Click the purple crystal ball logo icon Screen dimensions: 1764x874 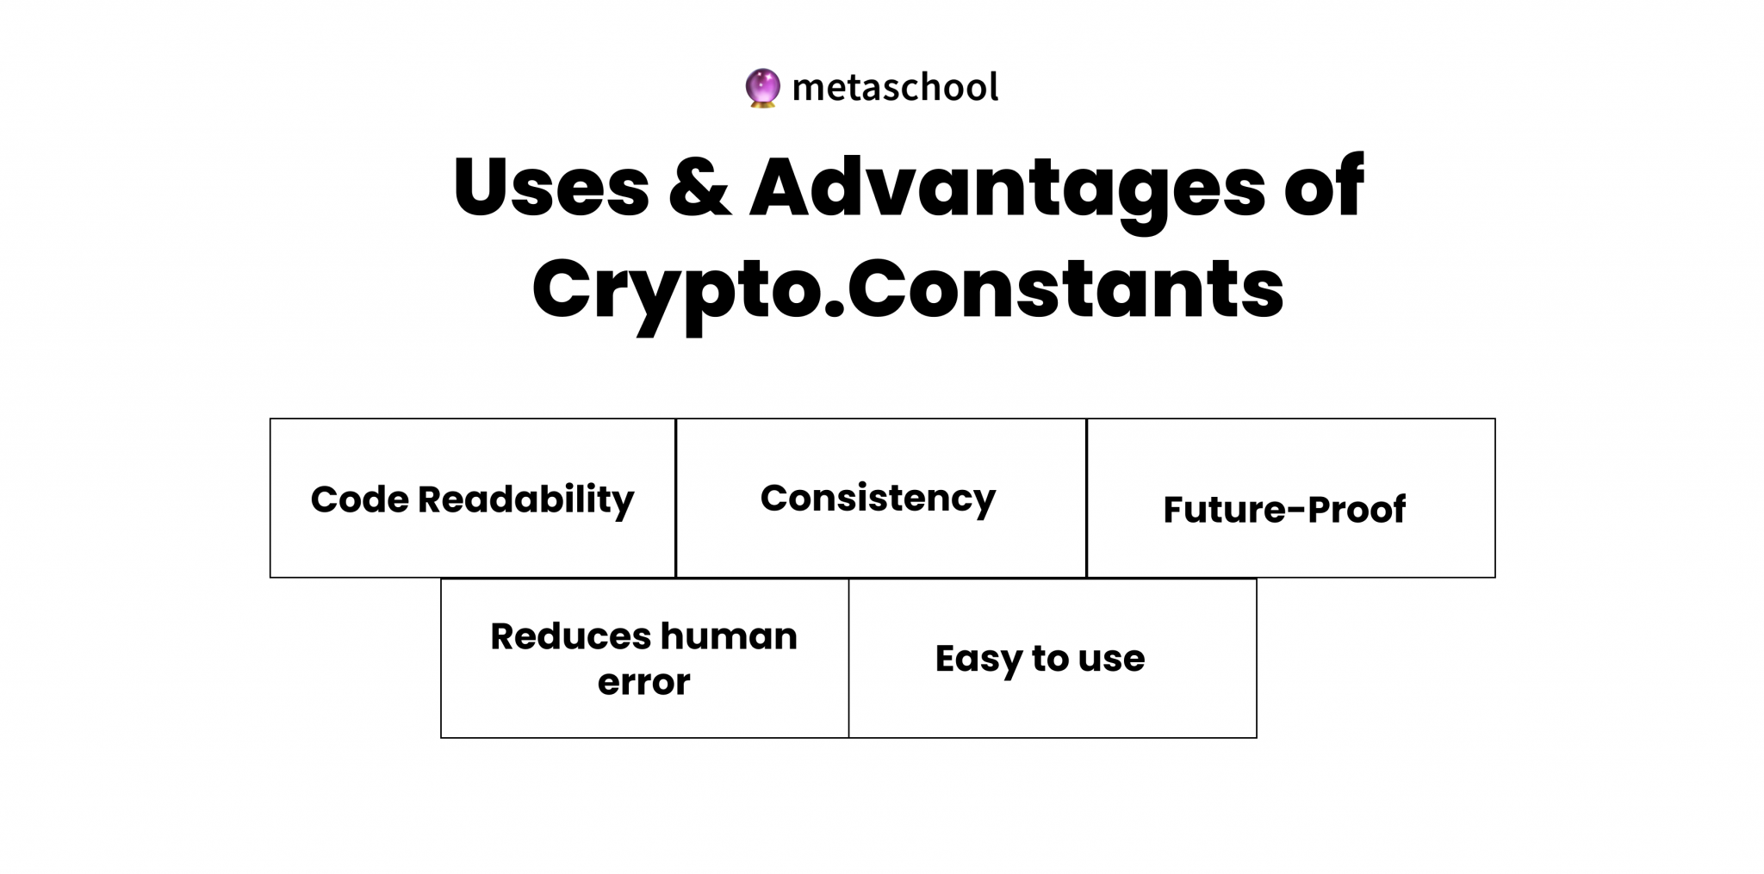(762, 88)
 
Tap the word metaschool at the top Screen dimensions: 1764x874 (895, 87)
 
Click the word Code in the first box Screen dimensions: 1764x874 (359, 499)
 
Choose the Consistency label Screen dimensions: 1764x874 (878, 499)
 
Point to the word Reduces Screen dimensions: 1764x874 (570, 637)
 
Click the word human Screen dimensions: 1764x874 (729, 636)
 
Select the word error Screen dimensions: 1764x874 (644, 684)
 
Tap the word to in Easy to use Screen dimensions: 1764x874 (1050, 660)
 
